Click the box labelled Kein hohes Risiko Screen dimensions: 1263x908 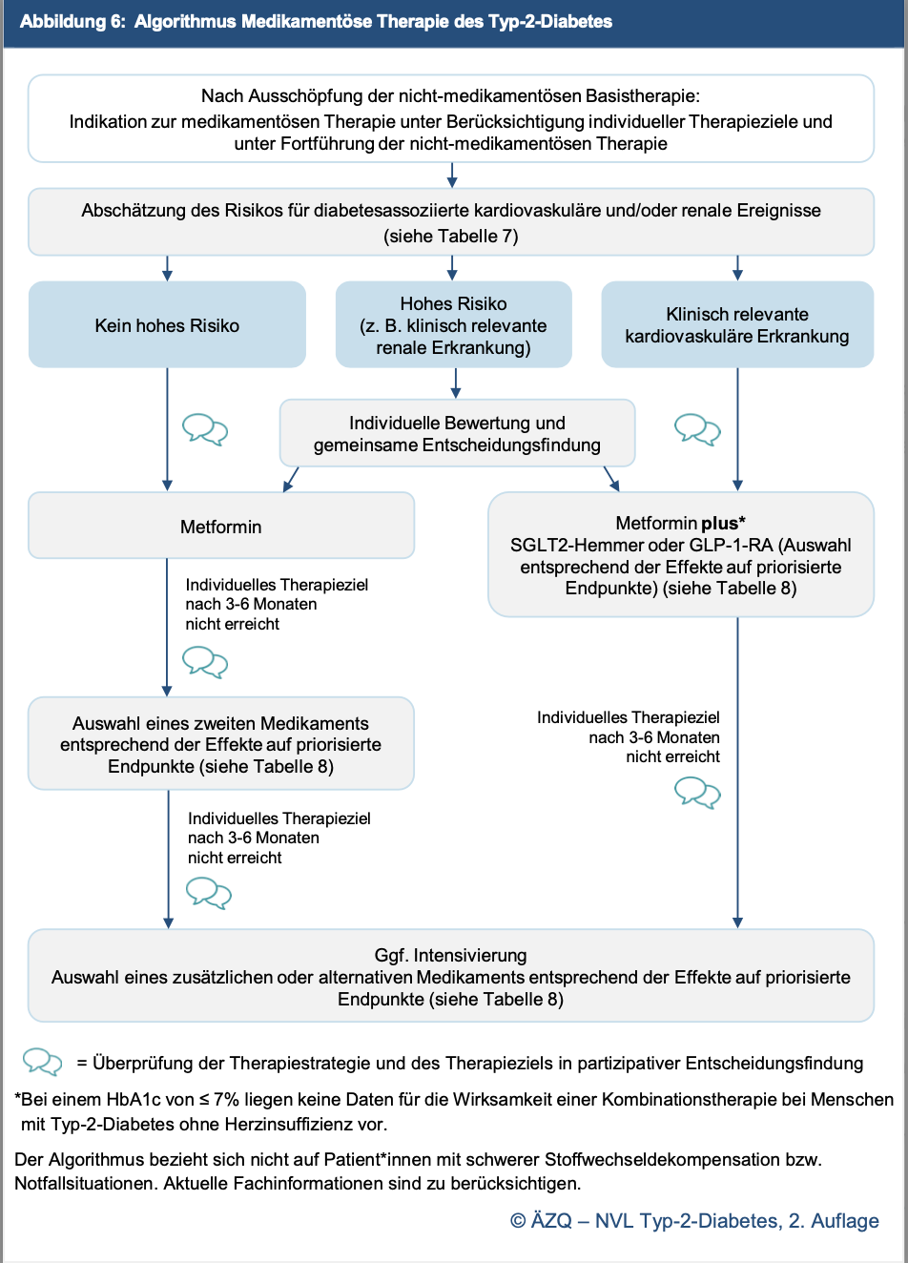[x=167, y=325]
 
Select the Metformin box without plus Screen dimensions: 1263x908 [x=221, y=526]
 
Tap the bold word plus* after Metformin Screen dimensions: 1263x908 [x=724, y=523]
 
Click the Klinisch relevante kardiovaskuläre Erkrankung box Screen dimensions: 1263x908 [x=737, y=325]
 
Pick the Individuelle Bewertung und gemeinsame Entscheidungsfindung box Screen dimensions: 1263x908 [x=457, y=434]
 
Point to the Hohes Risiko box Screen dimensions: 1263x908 [x=454, y=325]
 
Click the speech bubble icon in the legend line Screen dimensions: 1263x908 [x=42, y=1062]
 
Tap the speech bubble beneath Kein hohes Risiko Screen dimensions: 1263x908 [x=205, y=429]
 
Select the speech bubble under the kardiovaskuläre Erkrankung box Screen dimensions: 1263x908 [x=697, y=429]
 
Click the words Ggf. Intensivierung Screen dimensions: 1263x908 [x=450, y=955]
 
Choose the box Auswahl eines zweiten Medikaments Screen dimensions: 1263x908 [x=221, y=744]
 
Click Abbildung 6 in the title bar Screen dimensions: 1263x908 [x=72, y=21]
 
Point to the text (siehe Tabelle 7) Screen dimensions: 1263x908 [x=451, y=236]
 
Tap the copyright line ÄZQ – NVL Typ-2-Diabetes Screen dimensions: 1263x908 [x=694, y=1220]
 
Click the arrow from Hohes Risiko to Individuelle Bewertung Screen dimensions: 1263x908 [x=455, y=383]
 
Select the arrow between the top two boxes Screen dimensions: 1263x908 [x=452, y=175]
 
